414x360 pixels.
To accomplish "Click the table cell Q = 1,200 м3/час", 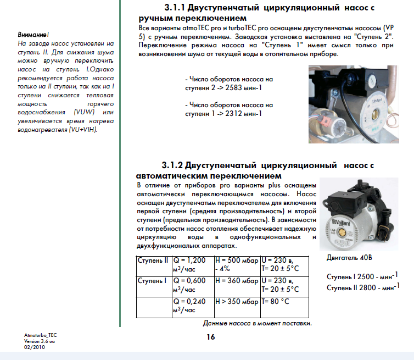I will (x=192, y=265).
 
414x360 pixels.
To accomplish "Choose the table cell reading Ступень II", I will (x=153, y=261).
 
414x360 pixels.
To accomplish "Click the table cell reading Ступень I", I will (x=152, y=281).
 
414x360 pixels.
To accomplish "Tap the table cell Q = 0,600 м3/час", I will (x=192, y=285).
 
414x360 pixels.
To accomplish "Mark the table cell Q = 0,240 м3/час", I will (x=192, y=306).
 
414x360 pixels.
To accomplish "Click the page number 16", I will (x=211, y=337).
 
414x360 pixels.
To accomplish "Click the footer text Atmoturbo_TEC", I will (x=40, y=335).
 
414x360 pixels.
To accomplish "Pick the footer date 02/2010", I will (x=32, y=347).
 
